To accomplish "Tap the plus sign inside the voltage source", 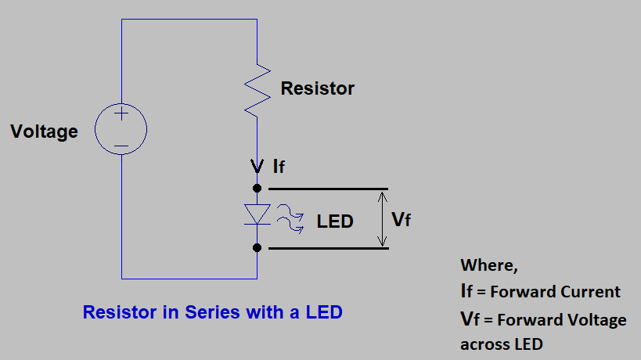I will (x=121, y=114).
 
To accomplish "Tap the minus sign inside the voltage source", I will (x=121, y=145).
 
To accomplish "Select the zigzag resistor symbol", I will (x=257, y=88).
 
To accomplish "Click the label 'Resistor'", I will (x=318, y=88).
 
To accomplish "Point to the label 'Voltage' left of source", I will (x=44, y=131).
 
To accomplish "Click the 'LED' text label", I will (x=335, y=221).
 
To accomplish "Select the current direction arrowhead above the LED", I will (x=257, y=166).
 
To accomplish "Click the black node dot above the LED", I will (x=257, y=189).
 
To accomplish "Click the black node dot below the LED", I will (x=257, y=248).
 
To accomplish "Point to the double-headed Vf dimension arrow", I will (x=381, y=219).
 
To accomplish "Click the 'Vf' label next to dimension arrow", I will (x=401, y=220).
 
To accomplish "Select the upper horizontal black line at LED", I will (x=328, y=189).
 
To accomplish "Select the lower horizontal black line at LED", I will (x=328, y=248).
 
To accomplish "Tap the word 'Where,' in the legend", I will (x=489, y=265).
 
